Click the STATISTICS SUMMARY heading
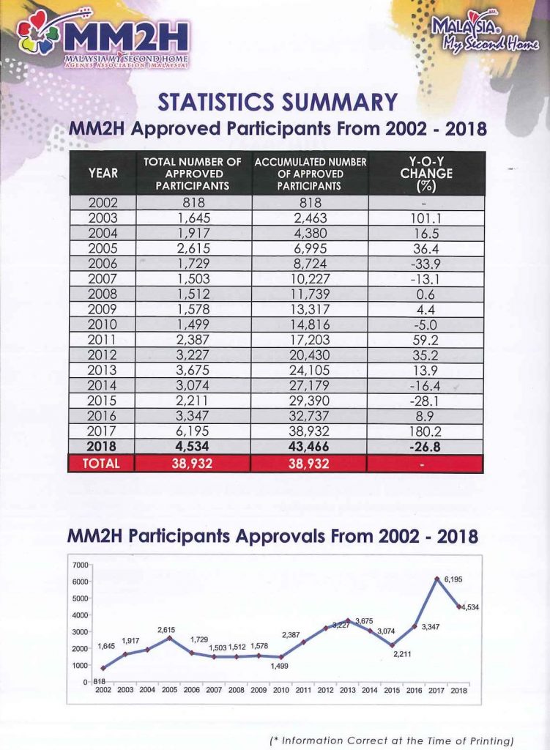pos(277,102)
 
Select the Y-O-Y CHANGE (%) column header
pos(426,174)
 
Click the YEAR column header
pos(103,174)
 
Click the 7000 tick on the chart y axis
pos(80,565)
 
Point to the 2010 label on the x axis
pos(280,690)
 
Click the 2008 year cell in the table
pos(103,294)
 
